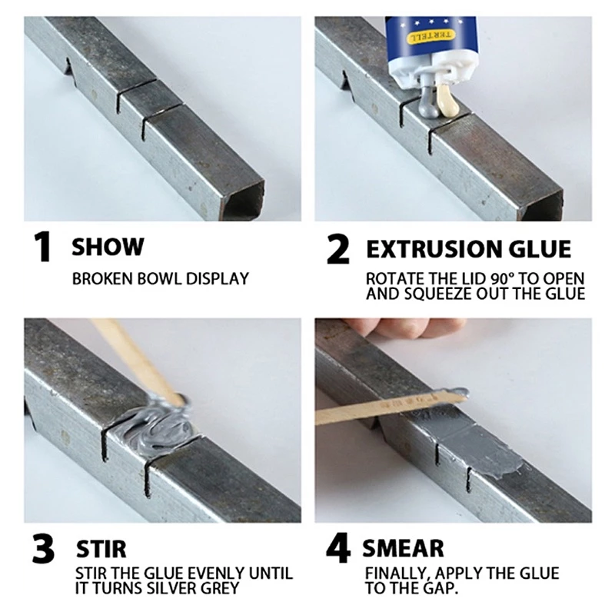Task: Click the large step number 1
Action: [43, 247]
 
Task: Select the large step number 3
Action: [43, 548]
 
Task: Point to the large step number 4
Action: [338, 547]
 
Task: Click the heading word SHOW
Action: [108, 247]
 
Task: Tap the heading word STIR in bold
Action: [101, 549]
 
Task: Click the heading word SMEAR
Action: [403, 548]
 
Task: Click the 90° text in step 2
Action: [502, 279]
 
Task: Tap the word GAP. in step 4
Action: [440, 588]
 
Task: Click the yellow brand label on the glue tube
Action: [431, 36]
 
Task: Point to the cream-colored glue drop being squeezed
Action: [447, 101]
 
